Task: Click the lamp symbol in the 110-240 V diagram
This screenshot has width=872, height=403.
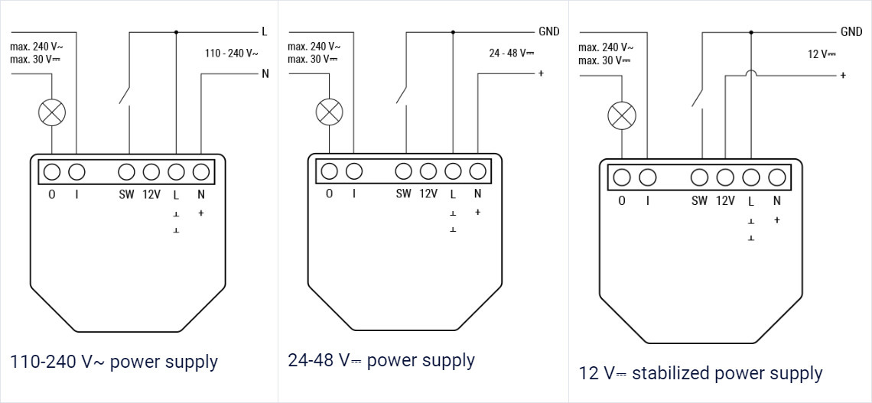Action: [52, 113]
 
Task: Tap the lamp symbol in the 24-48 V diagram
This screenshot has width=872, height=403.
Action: [330, 112]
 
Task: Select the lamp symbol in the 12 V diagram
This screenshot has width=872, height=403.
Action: [621, 116]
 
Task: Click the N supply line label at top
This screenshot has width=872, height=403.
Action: [265, 74]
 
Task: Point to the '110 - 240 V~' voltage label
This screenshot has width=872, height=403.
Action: [231, 54]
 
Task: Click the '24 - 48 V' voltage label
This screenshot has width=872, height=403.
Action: [511, 54]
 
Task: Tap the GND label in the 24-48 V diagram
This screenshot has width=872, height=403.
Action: [548, 31]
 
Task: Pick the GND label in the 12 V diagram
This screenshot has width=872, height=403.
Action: [851, 31]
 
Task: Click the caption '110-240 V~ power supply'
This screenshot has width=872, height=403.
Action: [114, 362]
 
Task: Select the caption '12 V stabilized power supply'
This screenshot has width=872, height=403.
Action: [701, 373]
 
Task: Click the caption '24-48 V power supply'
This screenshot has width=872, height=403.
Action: [381, 360]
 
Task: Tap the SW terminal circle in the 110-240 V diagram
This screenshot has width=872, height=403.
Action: [127, 171]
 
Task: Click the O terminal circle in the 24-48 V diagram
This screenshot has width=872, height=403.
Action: [330, 171]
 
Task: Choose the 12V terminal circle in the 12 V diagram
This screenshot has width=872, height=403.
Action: [725, 178]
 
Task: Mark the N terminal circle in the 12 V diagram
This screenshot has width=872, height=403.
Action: [776, 178]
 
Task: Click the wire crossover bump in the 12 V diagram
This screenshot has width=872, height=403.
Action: [750, 73]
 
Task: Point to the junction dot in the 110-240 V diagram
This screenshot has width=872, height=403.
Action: [176, 31]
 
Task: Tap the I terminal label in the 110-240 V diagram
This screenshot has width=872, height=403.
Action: [76, 194]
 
